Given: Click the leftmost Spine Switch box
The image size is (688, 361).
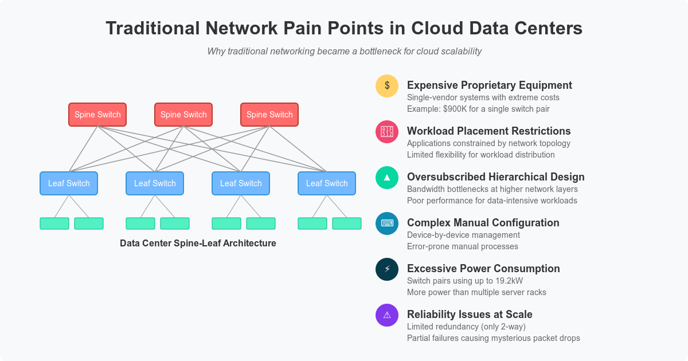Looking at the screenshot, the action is pos(97,115).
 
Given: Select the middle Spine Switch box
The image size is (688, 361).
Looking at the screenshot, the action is pos(183,115).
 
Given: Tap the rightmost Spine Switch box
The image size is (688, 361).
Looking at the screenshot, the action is pos(269,115).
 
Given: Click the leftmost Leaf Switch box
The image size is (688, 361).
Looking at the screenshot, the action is pos(69,183).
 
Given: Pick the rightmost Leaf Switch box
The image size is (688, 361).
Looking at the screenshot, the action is pos(327,183).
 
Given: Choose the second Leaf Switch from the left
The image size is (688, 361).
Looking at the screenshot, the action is pos(155,183).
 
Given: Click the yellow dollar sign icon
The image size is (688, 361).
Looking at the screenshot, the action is pos(387,86).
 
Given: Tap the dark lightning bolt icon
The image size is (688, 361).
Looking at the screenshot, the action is pos(387,269).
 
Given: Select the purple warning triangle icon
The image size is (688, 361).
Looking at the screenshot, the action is pos(387,315).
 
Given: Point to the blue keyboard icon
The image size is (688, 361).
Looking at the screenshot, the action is pos(387,223).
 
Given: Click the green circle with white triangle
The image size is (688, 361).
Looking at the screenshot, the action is pos(387,178).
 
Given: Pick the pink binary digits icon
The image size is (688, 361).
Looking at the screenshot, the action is pos(387,132).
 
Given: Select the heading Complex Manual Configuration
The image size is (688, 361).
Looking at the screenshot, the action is pos(483,223).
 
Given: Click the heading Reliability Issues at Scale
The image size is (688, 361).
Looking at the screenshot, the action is pos(470,315).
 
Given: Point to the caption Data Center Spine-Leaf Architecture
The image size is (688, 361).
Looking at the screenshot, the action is pos(198,243).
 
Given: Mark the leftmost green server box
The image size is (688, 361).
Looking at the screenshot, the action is pos(54,223).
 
